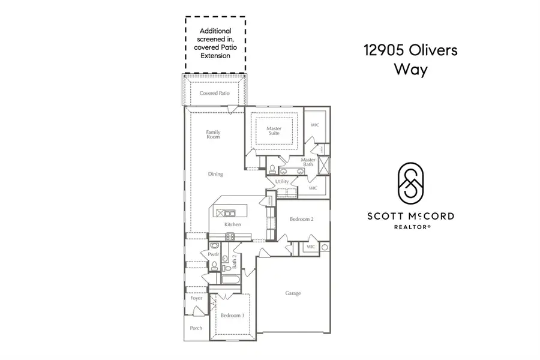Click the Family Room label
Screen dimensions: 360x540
point(213,134)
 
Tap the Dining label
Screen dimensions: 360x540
point(215,174)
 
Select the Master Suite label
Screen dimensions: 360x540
point(274,131)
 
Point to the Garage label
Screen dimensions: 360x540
point(293,293)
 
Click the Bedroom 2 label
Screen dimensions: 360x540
point(302,219)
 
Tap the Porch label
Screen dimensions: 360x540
point(196,328)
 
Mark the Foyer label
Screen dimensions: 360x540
point(196,298)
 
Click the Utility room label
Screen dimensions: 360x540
point(282,181)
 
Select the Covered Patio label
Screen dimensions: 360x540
point(215,94)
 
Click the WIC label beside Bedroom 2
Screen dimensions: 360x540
point(311,247)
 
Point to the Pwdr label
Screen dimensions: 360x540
point(213,254)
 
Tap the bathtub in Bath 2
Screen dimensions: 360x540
point(230,280)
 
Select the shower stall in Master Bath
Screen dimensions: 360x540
point(325,164)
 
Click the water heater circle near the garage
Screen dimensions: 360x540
point(325,247)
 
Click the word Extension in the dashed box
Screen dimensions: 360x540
point(215,56)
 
